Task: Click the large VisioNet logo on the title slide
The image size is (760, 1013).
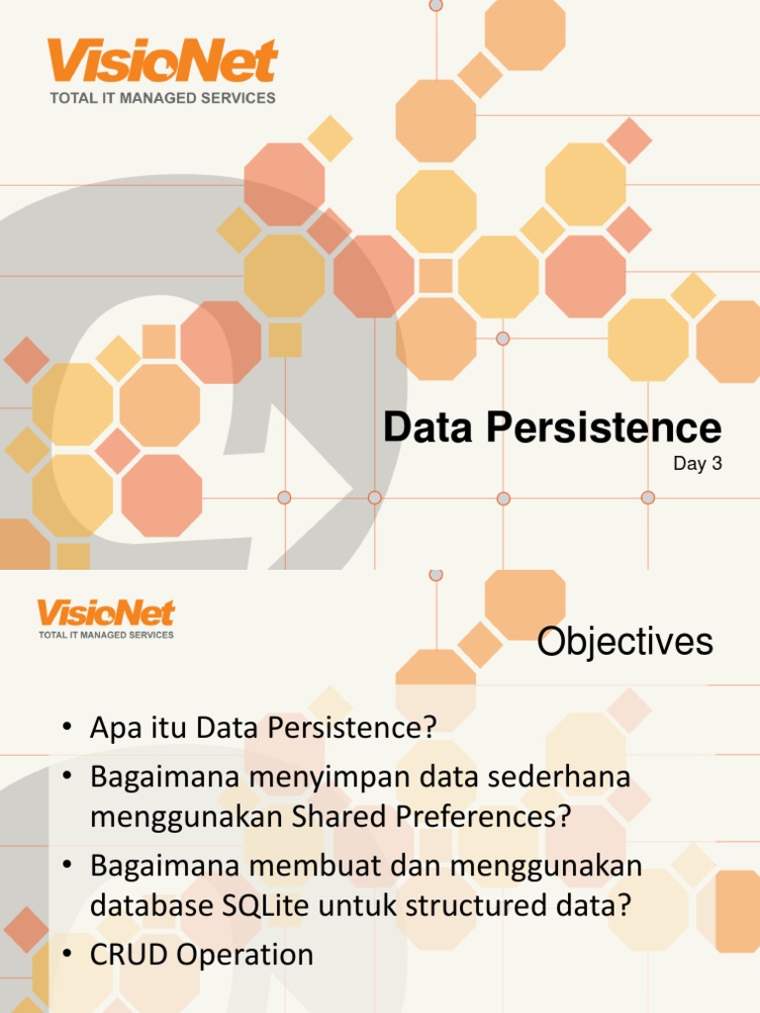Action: (x=163, y=61)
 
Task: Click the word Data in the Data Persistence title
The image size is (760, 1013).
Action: (x=426, y=428)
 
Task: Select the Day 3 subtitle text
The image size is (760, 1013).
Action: (x=697, y=463)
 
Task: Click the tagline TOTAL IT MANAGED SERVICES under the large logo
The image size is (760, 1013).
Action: (x=163, y=98)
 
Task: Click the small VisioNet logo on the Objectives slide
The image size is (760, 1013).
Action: (x=106, y=613)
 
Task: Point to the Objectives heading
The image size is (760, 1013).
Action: (x=624, y=642)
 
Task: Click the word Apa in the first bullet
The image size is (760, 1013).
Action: (x=113, y=728)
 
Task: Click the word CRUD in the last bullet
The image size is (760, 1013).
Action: (x=123, y=955)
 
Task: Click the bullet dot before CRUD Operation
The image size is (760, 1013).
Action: (x=67, y=956)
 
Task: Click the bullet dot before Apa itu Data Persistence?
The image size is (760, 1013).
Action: (x=67, y=729)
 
